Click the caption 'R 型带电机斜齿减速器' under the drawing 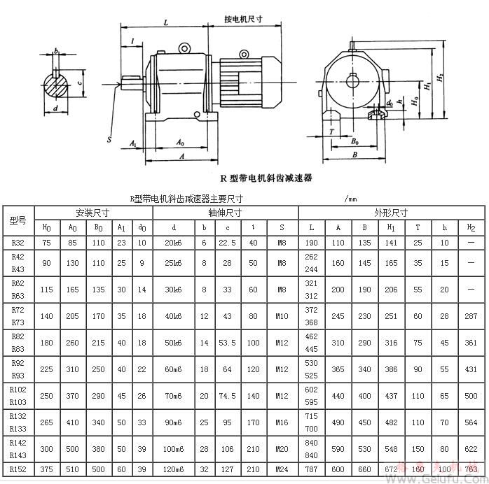pos(266,178)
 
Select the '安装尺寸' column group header pos(92,212)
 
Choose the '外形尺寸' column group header pos(391,212)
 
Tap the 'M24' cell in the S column pos(281,469)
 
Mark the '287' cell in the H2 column pos(471,316)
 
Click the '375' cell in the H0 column pos(47,469)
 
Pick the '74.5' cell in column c pos(228,396)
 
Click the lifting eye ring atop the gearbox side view pos(184,48)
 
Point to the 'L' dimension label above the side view pos(165,22)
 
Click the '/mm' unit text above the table pos(351,199)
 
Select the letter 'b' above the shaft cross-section pos(55,51)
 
